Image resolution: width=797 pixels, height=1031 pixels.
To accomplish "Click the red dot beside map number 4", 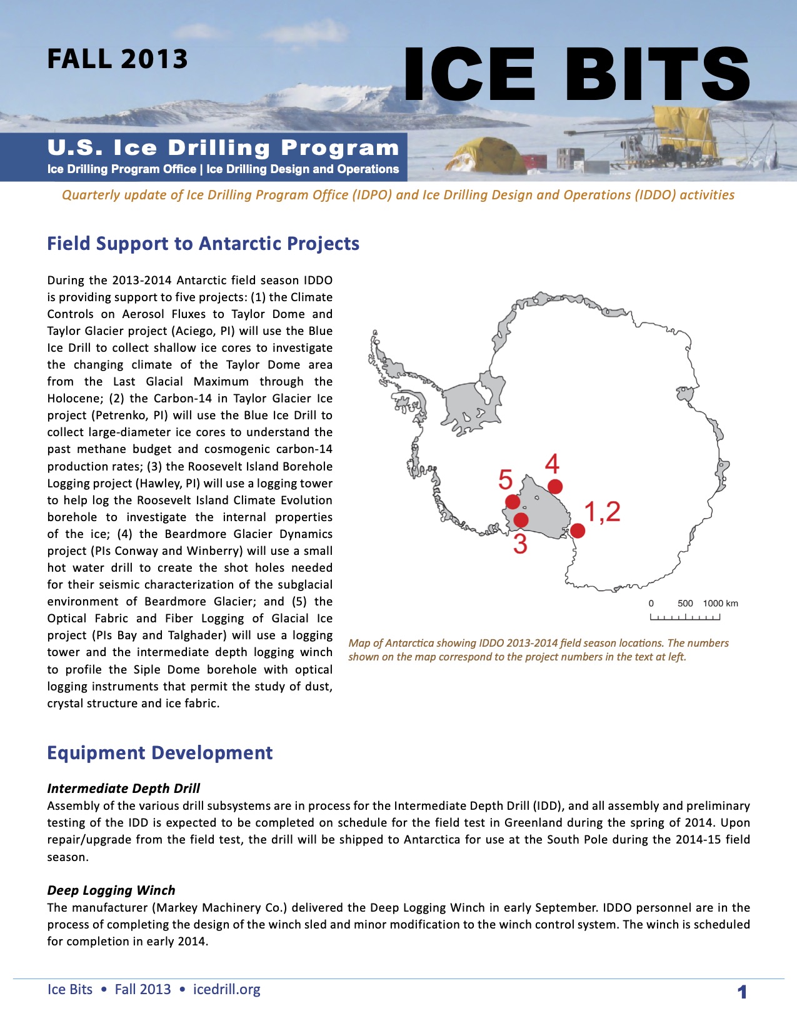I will click(x=554, y=486).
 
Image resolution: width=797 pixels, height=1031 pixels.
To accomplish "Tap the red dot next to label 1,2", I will click(x=578, y=530).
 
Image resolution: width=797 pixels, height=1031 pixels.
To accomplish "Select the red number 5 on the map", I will click(x=505, y=480).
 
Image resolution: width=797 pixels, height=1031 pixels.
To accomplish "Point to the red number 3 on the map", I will click(x=520, y=544).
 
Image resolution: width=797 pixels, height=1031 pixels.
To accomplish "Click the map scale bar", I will click(x=685, y=617).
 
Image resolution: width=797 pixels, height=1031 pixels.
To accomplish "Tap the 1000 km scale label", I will click(x=720, y=603).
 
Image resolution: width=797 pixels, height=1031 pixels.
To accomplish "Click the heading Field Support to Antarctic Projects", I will click(x=203, y=243).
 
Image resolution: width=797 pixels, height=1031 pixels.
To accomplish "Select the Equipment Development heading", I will click(x=160, y=752).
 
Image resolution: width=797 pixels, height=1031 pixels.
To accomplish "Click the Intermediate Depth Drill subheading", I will click(x=124, y=788).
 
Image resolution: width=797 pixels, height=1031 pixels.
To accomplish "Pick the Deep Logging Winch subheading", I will click(x=111, y=890).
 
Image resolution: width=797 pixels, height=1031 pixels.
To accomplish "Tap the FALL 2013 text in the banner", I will click(x=118, y=59).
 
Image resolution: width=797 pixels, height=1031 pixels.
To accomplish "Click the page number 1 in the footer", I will click(x=742, y=992).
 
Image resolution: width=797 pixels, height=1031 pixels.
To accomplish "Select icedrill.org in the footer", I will click(x=227, y=989).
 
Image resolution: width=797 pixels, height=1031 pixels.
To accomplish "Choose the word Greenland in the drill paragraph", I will click(x=535, y=822).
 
